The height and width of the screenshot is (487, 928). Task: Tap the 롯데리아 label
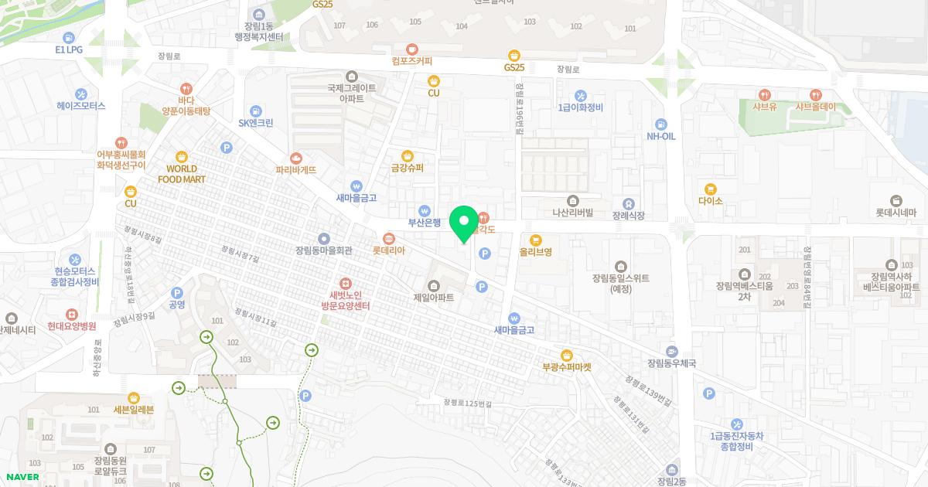coord(388,250)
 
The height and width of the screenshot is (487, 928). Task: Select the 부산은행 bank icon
coord(424,211)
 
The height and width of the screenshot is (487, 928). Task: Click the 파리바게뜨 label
coord(296,170)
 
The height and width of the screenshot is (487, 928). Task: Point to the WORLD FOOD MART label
coord(182,174)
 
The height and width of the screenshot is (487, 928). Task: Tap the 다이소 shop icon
coord(710,189)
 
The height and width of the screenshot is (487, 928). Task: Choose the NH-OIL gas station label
coord(661,137)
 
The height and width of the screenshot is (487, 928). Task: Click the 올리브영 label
coord(535,252)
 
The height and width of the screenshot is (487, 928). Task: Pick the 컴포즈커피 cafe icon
coord(412,49)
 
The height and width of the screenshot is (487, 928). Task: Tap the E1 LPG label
coord(69,49)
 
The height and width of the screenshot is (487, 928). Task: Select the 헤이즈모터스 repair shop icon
coord(80,94)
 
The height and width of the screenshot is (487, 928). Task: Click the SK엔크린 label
coord(255,123)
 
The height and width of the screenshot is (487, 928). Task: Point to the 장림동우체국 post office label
coord(672,363)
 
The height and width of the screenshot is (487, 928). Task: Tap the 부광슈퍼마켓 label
coord(567,368)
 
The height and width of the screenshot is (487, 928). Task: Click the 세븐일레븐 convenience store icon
coord(134,397)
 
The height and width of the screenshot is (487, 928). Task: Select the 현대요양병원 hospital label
coord(71,327)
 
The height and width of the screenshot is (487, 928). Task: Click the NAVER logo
coord(22,477)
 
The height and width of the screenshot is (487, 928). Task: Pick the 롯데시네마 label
coord(896,213)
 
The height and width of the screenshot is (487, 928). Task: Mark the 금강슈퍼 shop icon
coord(407,156)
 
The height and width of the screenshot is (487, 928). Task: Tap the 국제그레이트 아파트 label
coord(352,94)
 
